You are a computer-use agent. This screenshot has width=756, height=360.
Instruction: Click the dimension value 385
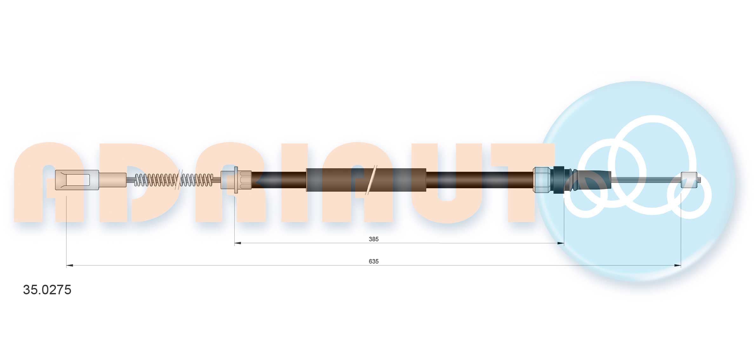point(373,239)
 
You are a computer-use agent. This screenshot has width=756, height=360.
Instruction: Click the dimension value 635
point(373,261)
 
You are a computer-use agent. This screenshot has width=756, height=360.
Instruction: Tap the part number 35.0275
point(47,290)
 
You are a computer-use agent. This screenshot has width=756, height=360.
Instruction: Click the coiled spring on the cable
point(173,180)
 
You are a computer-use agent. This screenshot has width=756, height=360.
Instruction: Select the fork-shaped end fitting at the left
point(77,180)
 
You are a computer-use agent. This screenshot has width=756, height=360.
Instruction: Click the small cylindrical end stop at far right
point(689,180)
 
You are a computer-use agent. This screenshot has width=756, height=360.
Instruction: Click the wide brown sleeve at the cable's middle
point(366,180)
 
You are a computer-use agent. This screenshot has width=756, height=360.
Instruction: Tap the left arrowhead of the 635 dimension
point(70,265)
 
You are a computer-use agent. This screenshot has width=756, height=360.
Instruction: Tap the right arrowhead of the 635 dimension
point(678,265)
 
